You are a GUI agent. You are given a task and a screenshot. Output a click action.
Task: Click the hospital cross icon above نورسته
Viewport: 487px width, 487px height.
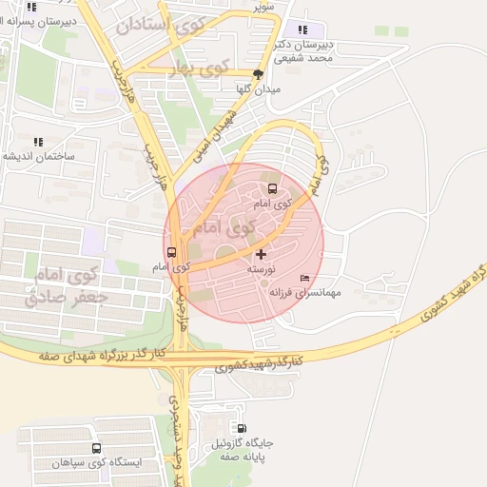coord(262,255)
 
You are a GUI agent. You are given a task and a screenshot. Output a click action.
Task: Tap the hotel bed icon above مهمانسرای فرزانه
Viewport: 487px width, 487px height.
coord(304,277)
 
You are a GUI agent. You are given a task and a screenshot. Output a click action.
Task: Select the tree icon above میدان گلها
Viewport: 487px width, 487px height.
coord(259,73)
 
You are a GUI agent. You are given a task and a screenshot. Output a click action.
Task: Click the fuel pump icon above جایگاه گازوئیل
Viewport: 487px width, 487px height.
coord(242,429)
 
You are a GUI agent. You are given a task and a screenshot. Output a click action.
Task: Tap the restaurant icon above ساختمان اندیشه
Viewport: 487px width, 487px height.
coord(38,142)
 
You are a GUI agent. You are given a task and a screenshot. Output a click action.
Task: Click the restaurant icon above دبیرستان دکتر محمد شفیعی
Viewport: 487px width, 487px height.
coord(303,29)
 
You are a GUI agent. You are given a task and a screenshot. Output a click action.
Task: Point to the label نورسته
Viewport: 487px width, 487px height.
coord(262,270)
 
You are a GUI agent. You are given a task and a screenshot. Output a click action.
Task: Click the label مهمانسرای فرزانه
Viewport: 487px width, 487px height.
coord(305,294)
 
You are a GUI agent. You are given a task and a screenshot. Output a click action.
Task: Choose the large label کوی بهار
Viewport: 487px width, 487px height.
coord(202,68)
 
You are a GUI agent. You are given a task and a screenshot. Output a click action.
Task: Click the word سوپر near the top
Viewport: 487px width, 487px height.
coord(263,7)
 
